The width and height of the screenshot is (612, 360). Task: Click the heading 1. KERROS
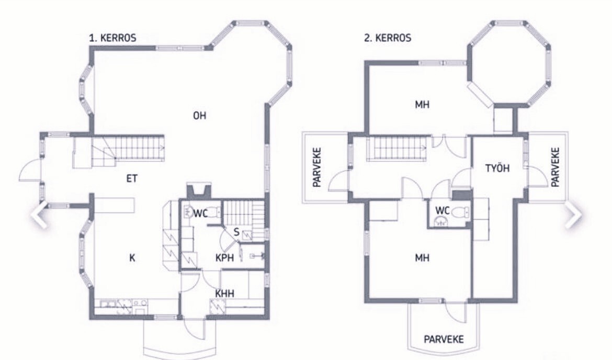[113, 38]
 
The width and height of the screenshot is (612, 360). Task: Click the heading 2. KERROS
[388, 38]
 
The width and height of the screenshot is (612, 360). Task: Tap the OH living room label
[199, 116]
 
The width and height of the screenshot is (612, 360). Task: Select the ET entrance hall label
[132, 178]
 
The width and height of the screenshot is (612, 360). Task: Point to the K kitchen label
[132, 257]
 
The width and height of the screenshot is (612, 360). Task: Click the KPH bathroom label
[224, 257]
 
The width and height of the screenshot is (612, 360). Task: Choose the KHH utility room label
[225, 293]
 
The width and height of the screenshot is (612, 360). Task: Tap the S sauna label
[236, 233]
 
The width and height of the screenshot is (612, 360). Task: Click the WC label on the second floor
[443, 211]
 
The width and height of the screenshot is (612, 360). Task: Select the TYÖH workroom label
[497, 168]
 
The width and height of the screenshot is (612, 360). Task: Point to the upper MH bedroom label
[422, 105]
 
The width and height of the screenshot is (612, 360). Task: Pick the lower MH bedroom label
[422, 257]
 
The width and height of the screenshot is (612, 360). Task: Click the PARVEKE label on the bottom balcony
[444, 339]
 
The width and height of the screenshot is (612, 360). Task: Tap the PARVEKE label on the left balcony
[317, 167]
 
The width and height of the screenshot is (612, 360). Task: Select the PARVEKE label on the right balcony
[556, 167]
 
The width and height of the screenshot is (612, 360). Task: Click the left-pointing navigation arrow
[39, 214]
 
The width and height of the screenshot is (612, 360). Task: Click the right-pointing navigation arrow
[573, 214]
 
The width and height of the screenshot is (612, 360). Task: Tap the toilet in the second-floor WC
[463, 212]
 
